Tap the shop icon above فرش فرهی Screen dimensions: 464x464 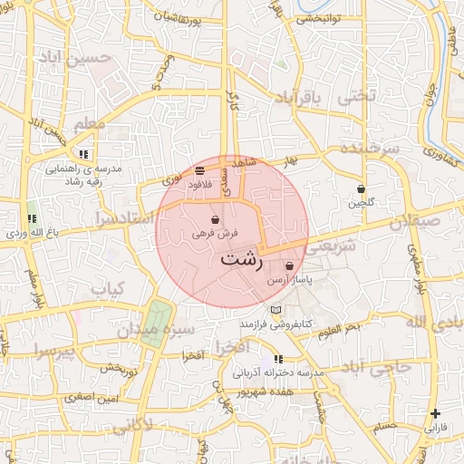click(x=215, y=220)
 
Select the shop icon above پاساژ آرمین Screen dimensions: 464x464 click(x=289, y=267)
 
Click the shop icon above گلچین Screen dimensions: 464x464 click(x=362, y=189)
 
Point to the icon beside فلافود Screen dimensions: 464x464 click(x=199, y=170)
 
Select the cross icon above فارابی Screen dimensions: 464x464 click(x=436, y=413)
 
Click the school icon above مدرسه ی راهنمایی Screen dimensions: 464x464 click(x=84, y=155)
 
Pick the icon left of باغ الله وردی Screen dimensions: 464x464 click(x=33, y=219)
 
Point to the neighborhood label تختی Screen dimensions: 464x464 click(x=354, y=95)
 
